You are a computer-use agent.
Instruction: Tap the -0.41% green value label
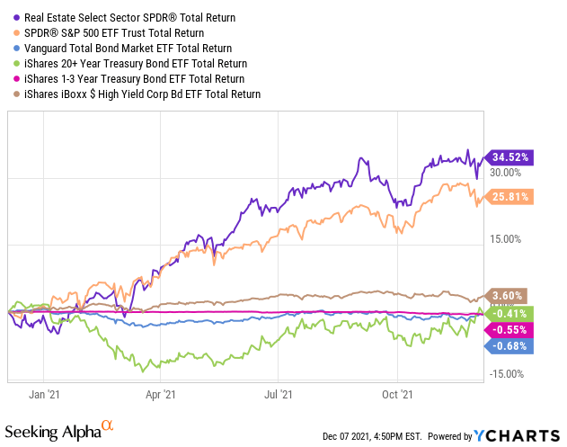[509, 313]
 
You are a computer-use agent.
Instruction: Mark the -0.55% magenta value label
[509, 330]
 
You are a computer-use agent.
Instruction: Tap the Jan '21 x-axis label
[43, 394]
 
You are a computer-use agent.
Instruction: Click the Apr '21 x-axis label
[161, 394]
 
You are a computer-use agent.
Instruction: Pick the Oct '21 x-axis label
[396, 394]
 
